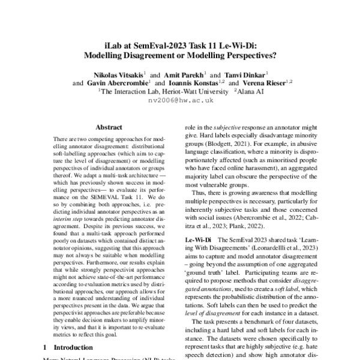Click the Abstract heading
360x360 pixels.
pyautogui.click(x=109, y=127)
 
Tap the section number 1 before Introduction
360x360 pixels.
pyautogui.click(x=46, y=347)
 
